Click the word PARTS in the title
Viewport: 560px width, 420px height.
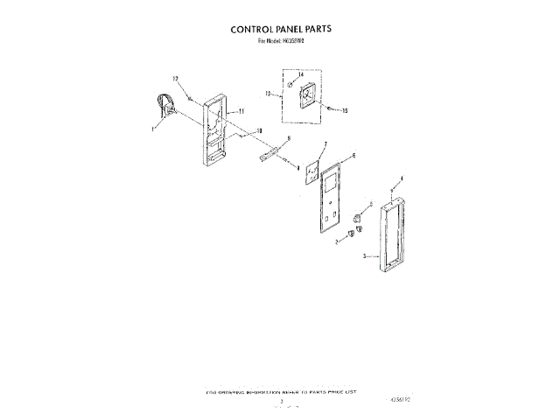[x=314, y=28]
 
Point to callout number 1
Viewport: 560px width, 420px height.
[x=152, y=128]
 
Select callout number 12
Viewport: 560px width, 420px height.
[x=175, y=79]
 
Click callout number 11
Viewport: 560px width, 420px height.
[x=241, y=111]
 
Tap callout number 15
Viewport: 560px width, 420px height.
[x=345, y=111]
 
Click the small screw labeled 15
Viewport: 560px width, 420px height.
[x=330, y=108]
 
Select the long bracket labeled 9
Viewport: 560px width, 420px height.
[x=268, y=156]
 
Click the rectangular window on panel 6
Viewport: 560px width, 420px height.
[x=331, y=186]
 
